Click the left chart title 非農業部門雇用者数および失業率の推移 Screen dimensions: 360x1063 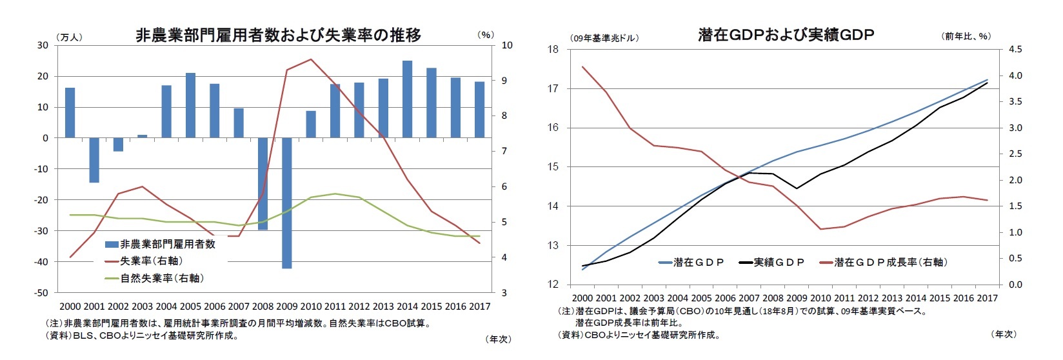coord(278,35)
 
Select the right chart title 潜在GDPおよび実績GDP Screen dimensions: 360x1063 coord(785,35)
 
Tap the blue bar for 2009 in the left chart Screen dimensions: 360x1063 coord(286,203)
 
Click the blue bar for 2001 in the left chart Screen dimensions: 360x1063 coord(94,160)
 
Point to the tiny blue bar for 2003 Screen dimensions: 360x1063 coord(142,136)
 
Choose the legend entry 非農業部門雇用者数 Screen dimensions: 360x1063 coord(167,244)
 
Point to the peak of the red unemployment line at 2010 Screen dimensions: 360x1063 coord(311,59)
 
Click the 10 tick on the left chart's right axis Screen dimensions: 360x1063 coord(508,45)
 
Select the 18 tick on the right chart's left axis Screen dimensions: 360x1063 coord(553,50)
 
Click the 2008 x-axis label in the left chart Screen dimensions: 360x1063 coord(263,306)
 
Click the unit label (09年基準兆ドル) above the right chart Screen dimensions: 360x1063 coord(604,37)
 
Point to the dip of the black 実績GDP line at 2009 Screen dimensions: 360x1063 coord(797,188)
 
